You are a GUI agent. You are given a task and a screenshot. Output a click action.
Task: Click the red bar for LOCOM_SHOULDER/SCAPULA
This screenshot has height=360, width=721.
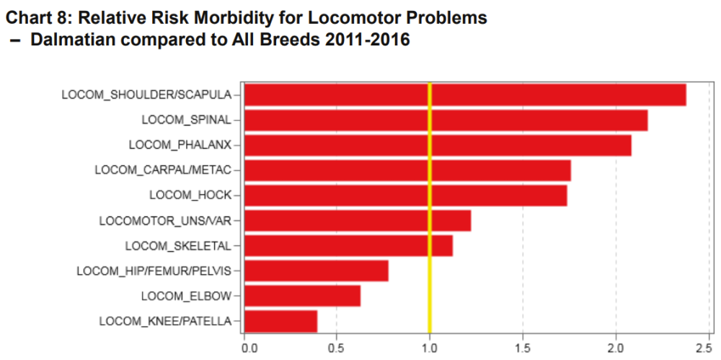click(x=465, y=95)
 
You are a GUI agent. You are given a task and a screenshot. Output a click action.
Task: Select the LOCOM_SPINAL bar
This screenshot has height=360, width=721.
click(x=446, y=120)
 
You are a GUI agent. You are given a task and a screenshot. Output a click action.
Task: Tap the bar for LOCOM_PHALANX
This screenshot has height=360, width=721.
click(x=438, y=145)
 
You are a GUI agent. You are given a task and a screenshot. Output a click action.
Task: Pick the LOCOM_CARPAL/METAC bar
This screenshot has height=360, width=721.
click(x=407, y=170)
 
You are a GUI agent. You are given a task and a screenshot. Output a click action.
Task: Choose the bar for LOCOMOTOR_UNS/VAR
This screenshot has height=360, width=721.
click(x=358, y=221)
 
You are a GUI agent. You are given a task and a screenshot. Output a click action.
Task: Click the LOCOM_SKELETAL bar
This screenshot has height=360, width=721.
click(x=348, y=245)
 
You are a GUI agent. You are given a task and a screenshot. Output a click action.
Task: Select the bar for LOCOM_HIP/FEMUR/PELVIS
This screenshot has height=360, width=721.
click(x=317, y=271)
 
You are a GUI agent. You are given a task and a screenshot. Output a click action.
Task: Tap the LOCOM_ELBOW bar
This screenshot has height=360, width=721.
click(x=303, y=296)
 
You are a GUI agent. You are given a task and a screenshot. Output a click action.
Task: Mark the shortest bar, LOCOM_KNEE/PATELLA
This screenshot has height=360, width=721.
click(x=281, y=321)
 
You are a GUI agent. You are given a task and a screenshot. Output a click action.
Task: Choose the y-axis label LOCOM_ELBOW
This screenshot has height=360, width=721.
click(x=186, y=296)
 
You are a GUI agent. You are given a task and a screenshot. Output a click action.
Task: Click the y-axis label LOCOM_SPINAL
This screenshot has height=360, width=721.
click(x=187, y=120)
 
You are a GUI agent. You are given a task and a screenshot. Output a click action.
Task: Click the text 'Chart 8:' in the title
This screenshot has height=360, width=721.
click(x=35, y=18)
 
